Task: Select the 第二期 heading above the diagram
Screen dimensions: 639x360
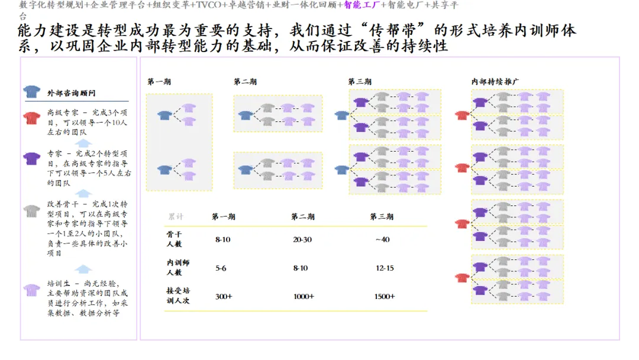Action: point(245,82)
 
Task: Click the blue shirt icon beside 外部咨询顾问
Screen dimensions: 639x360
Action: point(31,92)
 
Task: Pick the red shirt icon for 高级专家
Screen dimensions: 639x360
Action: point(32,117)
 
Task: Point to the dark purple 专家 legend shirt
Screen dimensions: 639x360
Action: point(32,157)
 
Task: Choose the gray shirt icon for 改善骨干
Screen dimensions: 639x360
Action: point(32,210)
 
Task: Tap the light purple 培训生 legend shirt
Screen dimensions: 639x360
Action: point(32,289)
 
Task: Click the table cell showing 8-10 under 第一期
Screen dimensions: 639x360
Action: point(223,240)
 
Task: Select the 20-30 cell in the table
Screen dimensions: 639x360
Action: point(302,240)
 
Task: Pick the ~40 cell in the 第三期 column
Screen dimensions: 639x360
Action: point(382,240)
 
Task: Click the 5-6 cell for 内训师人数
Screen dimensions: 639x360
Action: point(221,268)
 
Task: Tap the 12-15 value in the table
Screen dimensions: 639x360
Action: point(385,268)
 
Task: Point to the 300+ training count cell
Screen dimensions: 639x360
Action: point(224,296)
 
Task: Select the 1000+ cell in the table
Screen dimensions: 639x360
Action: point(304,296)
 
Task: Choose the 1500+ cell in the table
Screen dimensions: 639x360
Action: point(385,296)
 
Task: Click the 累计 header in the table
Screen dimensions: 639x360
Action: point(176,217)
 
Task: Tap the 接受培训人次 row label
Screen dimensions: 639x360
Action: point(178,295)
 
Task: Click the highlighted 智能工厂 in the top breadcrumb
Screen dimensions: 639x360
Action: point(361,5)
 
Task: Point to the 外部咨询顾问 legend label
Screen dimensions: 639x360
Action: point(71,93)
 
